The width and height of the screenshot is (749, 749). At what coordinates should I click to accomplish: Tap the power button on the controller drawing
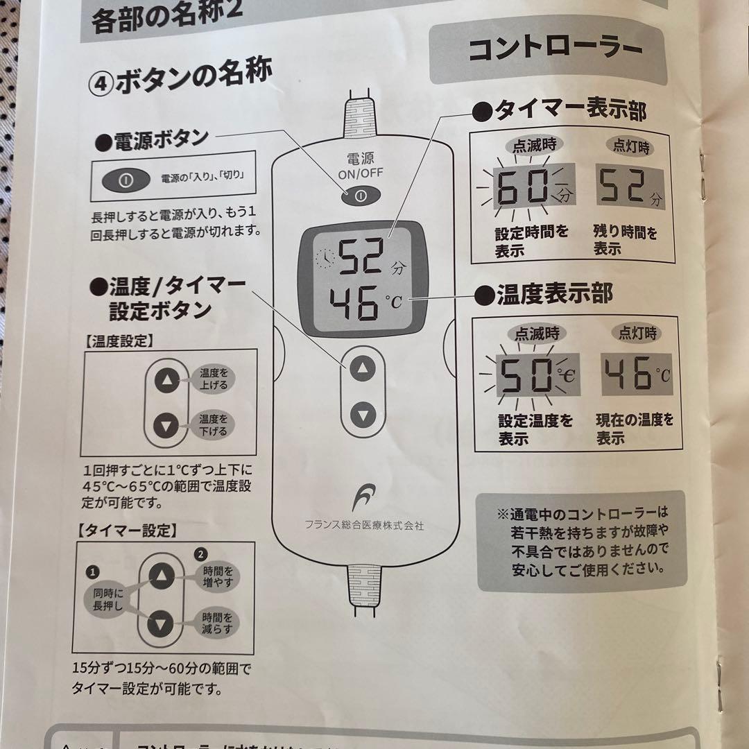click(360, 196)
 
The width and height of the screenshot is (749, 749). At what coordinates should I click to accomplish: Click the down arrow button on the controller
click(363, 415)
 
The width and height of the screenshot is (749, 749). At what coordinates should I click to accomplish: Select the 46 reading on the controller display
click(354, 303)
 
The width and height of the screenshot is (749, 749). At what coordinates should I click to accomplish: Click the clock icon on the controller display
click(324, 259)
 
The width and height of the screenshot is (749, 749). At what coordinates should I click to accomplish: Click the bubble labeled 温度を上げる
click(213, 379)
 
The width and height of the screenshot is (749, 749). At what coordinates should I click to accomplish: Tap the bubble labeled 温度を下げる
click(213, 424)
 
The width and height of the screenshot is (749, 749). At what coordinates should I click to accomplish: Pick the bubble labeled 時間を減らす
click(216, 622)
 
